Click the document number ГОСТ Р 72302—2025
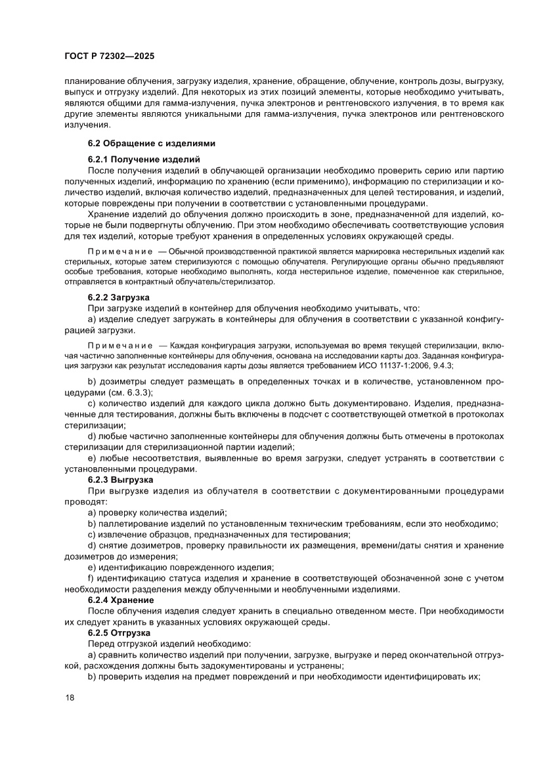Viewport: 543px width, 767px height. (x=109, y=56)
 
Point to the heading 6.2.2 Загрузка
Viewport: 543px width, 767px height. (x=119, y=297)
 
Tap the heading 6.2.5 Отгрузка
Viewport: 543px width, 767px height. (x=119, y=632)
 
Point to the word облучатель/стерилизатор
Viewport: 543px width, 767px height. (x=221, y=282)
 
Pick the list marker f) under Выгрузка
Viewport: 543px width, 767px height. (x=91, y=578)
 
